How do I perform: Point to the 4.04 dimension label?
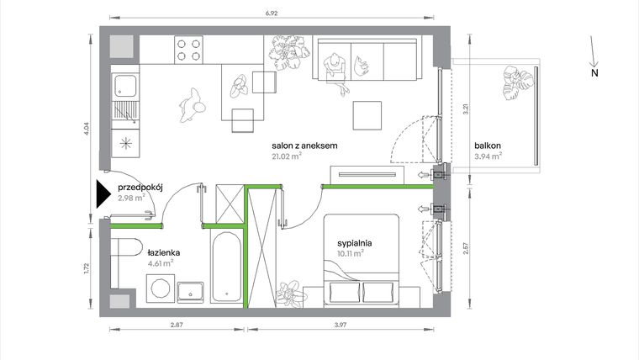[x=88, y=130]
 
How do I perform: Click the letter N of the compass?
[x=594, y=74]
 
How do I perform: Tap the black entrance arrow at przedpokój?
[x=102, y=194]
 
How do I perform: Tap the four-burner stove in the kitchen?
[x=189, y=50]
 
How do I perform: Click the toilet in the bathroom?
[x=124, y=250]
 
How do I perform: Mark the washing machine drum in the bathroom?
[x=157, y=290]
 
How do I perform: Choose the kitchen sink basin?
[x=124, y=85]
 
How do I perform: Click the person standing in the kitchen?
[x=192, y=105]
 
